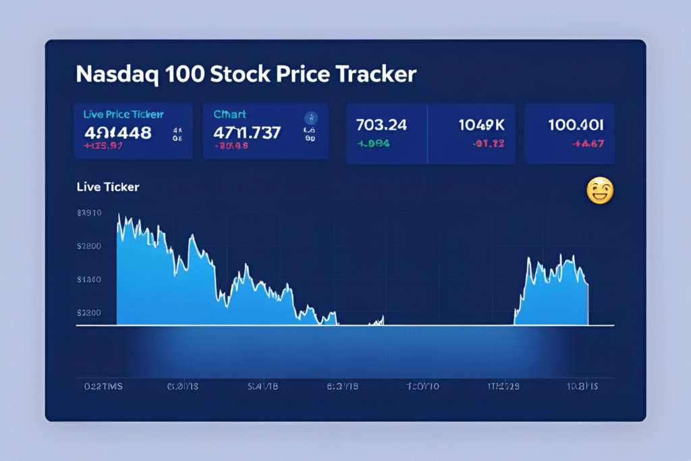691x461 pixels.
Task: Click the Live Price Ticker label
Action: pyautogui.click(x=123, y=115)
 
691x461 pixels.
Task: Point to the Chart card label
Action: pyautogui.click(x=229, y=115)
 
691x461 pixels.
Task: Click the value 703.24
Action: pyautogui.click(x=381, y=126)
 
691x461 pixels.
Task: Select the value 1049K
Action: pyautogui.click(x=482, y=126)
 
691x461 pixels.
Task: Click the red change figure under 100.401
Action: pyautogui.click(x=587, y=142)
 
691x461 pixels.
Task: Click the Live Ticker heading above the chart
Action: pyautogui.click(x=108, y=187)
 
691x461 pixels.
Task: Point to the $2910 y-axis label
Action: pyautogui.click(x=89, y=213)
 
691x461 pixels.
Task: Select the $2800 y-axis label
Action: pyautogui.click(x=89, y=246)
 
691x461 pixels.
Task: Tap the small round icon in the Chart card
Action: pyautogui.click(x=311, y=117)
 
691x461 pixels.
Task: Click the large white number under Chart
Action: pyautogui.click(x=246, y=132)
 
